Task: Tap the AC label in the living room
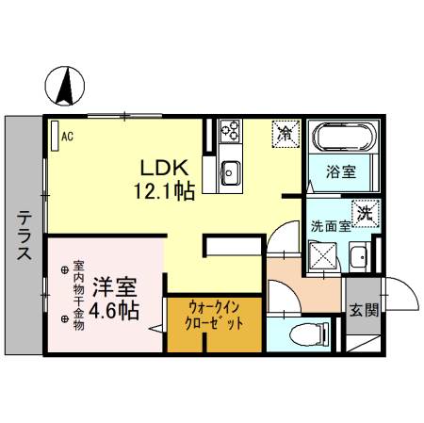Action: point(68,136)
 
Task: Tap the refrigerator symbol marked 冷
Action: point(285,135)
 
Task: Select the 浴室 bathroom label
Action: point(341,171)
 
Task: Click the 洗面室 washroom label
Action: point(331,226)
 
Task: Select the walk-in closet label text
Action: point(216,316)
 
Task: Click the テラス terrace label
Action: point(24,236)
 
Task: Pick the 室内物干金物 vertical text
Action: point(79,292)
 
